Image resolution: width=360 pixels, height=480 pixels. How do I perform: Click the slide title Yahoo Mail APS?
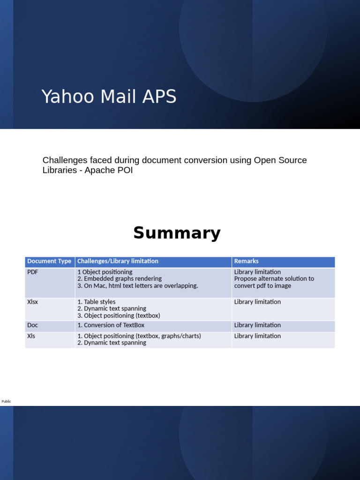pyautogui.click(x=109, y=97)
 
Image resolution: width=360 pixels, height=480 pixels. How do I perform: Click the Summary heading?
pyautogui.click(x=177, y=233)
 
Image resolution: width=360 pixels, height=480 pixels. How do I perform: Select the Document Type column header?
pyautogui.click(x=49, y=261)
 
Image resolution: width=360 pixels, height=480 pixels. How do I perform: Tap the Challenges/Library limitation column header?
pyautogui.click(x=118, y=261)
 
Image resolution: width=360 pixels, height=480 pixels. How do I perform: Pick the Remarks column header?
pyautogui.click(x=246, y=261)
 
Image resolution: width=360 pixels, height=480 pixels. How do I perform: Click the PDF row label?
pyautogui.click(x=32, y=272)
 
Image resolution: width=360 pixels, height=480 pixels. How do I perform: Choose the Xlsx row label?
pyautogui.click(x=32, y=302)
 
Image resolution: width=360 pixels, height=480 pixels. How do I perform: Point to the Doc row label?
pyautogui.click(x=32, y=325)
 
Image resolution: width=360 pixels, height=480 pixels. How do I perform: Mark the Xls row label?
pyautogui.click(x=31, y=336)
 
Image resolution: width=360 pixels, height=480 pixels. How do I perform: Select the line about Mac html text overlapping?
pyautogui.click(x=138, y=285)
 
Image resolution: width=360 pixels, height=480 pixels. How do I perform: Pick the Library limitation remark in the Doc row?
pyautogui.click(x=257, y=325)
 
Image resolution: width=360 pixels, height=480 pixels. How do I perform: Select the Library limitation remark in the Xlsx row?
pyautogui.click(x=257, y=302)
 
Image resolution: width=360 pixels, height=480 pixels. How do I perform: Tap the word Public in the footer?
pyautogui.click(x=6, y=401)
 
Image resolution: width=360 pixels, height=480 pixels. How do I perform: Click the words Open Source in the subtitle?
pyautogui.click(x=280, y=160)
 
